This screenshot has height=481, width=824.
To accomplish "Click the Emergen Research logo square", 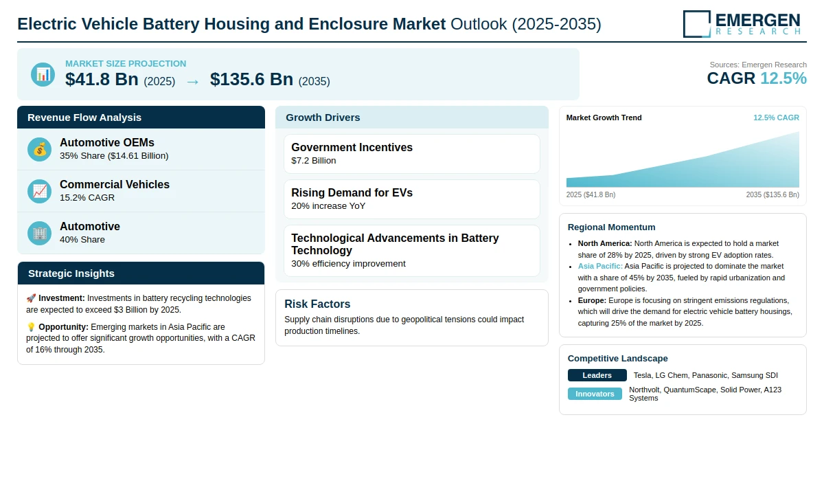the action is [697, 24].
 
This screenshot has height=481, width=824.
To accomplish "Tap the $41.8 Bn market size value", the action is [102, 79].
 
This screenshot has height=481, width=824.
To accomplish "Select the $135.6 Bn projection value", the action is [251, 79].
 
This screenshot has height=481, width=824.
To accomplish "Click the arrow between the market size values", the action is [193, 82].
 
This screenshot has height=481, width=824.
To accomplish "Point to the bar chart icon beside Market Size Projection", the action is [43, 74].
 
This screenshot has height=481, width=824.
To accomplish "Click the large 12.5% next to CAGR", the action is [783, 78].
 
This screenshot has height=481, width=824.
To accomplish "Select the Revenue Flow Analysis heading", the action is [84, 118].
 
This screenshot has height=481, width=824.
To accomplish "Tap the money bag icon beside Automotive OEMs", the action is [39, 149].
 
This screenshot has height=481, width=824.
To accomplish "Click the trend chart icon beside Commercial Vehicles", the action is [39, 191].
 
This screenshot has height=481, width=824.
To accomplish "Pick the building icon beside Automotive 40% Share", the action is [39, 233].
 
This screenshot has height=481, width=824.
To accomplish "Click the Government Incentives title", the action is [352, 147].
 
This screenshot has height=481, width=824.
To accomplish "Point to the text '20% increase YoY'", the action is [328, 205].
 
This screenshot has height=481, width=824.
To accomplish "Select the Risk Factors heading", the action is [317, 304].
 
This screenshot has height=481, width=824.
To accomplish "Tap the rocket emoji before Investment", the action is [31, 298].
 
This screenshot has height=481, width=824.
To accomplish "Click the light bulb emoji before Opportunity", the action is [31, 327].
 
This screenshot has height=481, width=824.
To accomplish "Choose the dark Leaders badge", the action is [597, 375].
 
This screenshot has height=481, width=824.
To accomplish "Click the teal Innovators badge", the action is [595, 394].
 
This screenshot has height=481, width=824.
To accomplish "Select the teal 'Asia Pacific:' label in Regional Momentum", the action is [600, 266].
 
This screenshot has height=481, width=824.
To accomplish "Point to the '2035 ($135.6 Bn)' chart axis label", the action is [772, 194].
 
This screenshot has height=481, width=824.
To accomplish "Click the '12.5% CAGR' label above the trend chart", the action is [776, 118].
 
